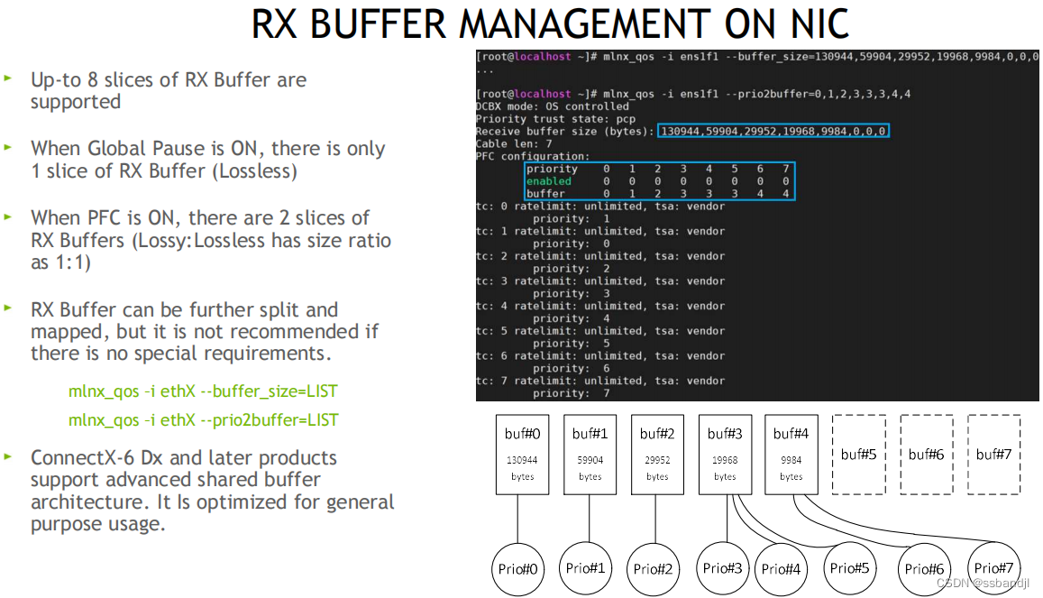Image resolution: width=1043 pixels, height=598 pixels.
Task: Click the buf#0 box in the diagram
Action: [522, 455]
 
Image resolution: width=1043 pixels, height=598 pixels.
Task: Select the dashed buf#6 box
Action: [926, 455]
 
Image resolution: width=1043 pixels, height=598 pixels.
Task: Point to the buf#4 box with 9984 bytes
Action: [791, 455]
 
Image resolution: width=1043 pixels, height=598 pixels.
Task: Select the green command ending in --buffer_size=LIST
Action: [203, 391]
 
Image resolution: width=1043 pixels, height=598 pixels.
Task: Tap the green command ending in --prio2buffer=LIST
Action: [203, 419]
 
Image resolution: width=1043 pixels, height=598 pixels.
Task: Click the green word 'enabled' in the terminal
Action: [548, 181]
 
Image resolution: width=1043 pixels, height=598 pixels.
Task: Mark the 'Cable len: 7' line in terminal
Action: [514, 143]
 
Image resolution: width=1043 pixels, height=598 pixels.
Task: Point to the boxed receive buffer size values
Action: [773, 132]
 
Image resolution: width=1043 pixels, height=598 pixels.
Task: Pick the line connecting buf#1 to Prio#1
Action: [590, 519]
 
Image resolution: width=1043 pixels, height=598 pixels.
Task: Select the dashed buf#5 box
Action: [858, 455]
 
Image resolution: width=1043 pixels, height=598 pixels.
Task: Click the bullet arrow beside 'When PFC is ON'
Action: [8, 217]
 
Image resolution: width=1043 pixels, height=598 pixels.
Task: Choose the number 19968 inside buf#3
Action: [725, 459]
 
